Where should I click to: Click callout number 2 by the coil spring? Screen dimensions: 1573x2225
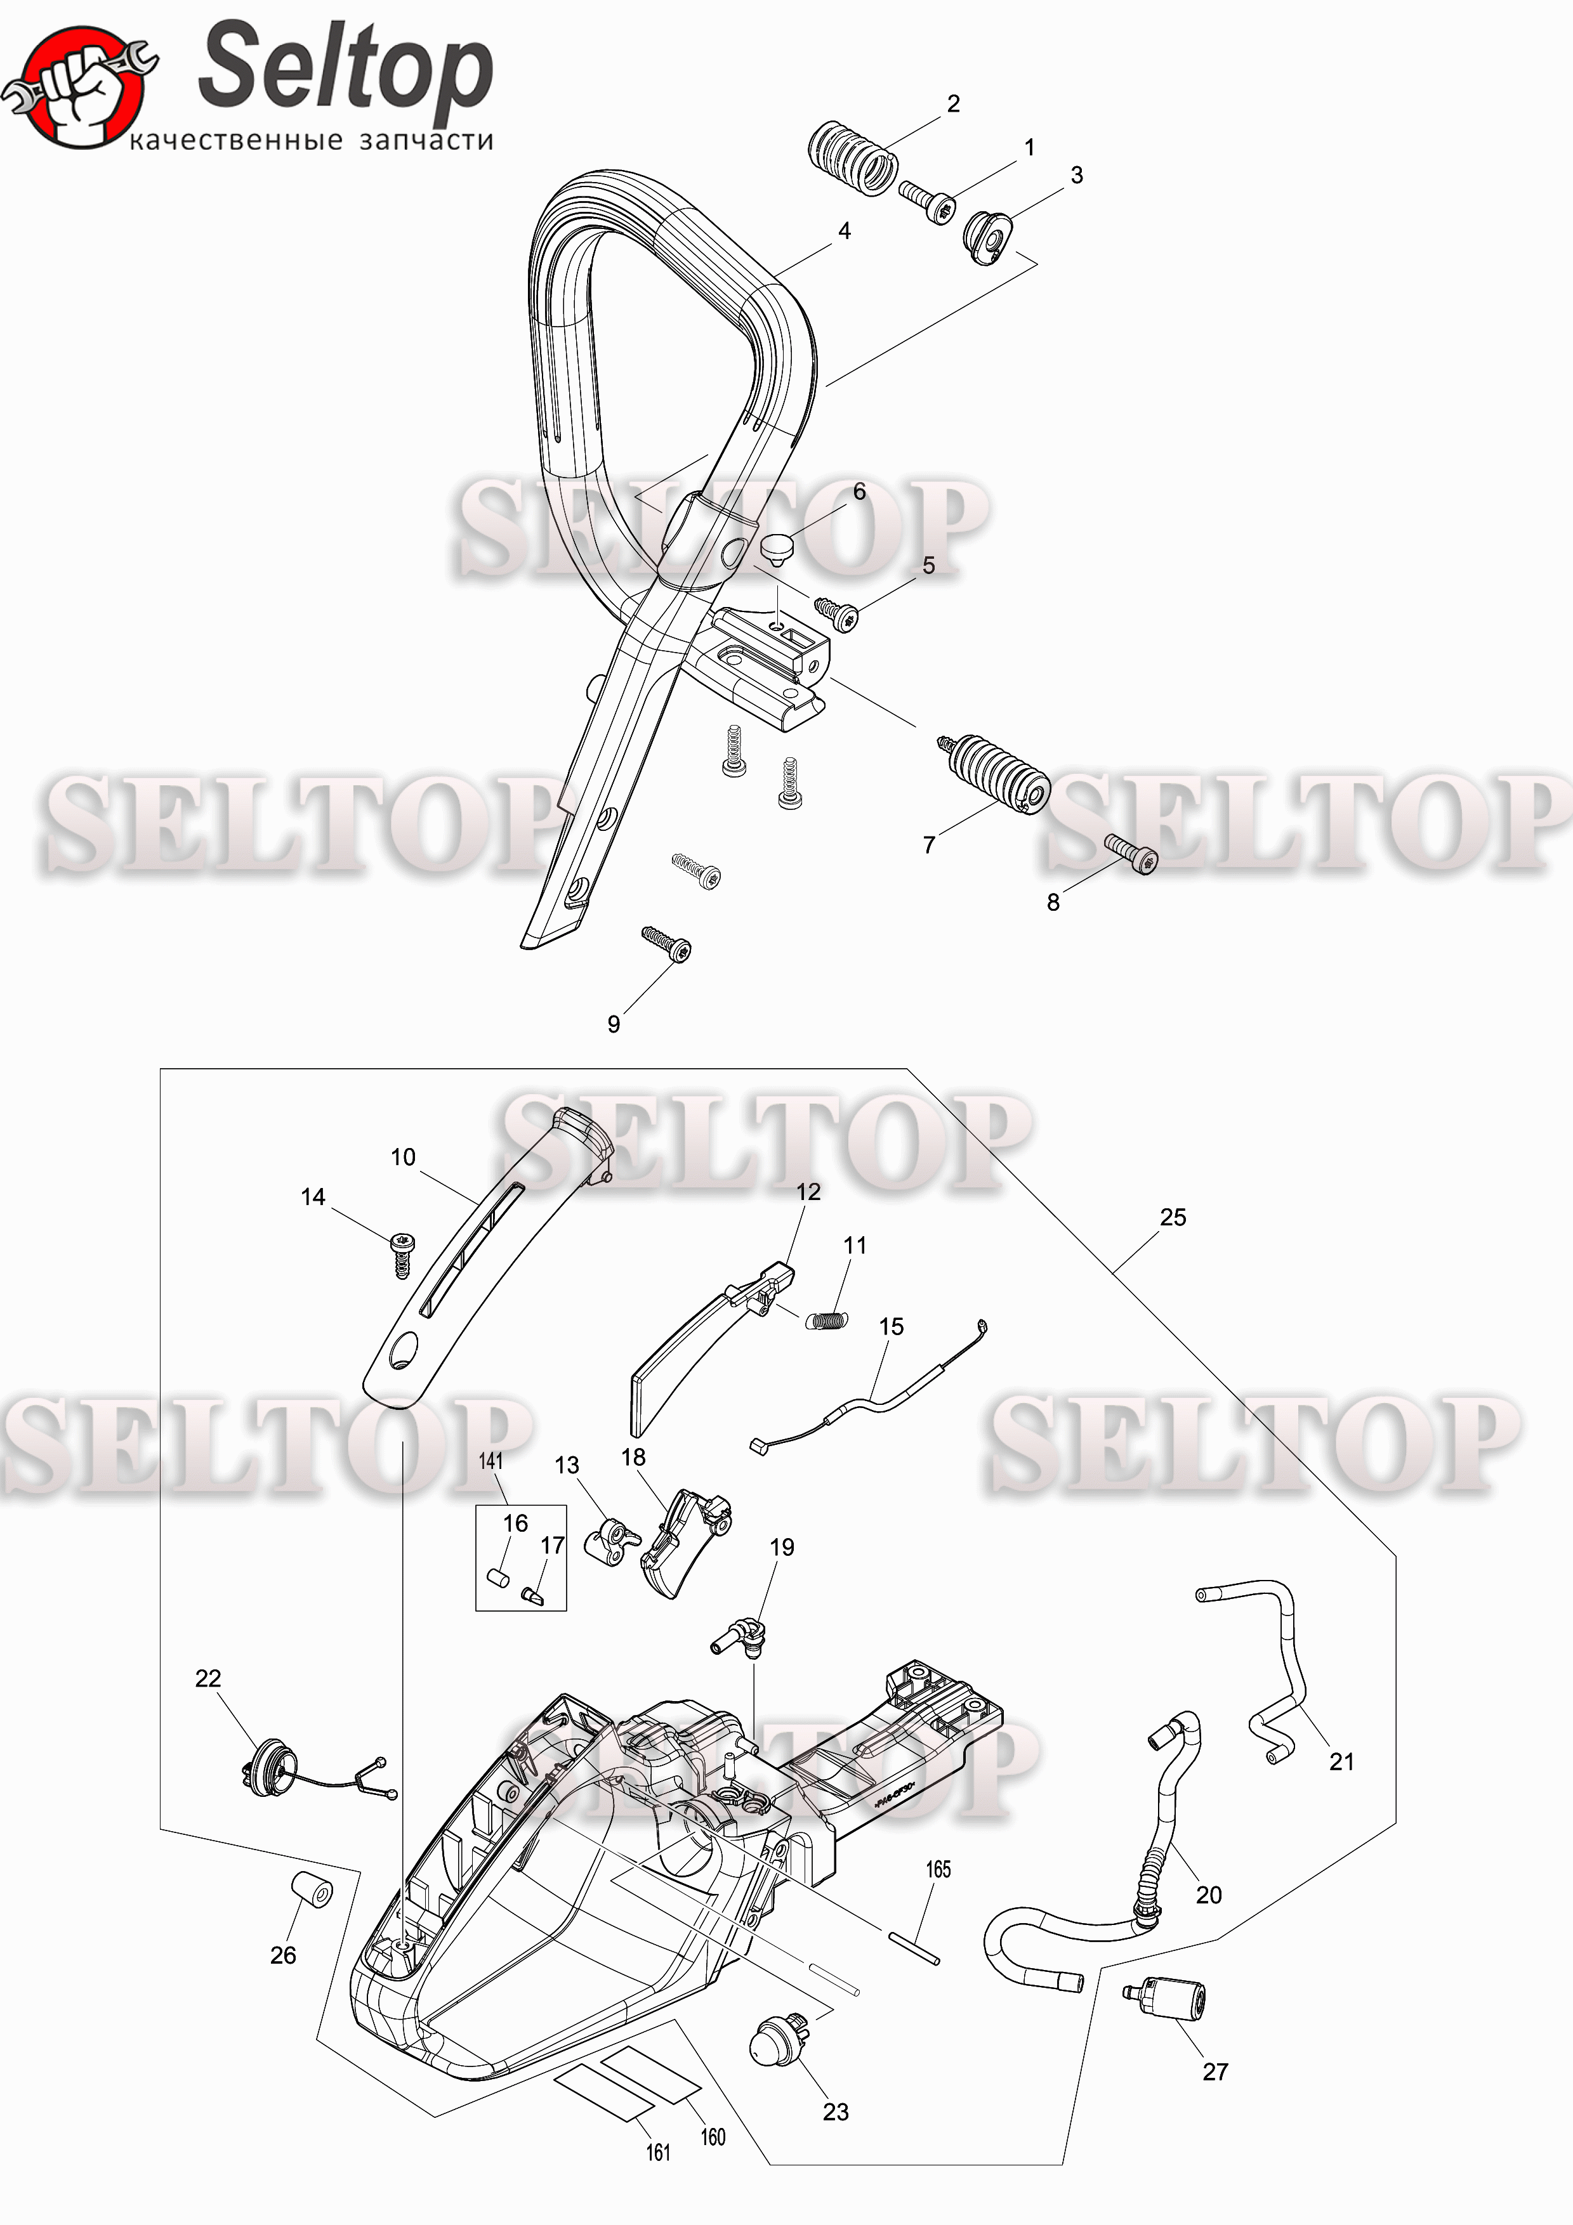tap(954, 103)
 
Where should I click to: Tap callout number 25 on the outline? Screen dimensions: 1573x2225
tap(1173, 1217)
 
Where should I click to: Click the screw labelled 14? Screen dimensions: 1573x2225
tap(401, 1254)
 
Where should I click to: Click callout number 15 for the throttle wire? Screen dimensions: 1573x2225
tap(891, 1327)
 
